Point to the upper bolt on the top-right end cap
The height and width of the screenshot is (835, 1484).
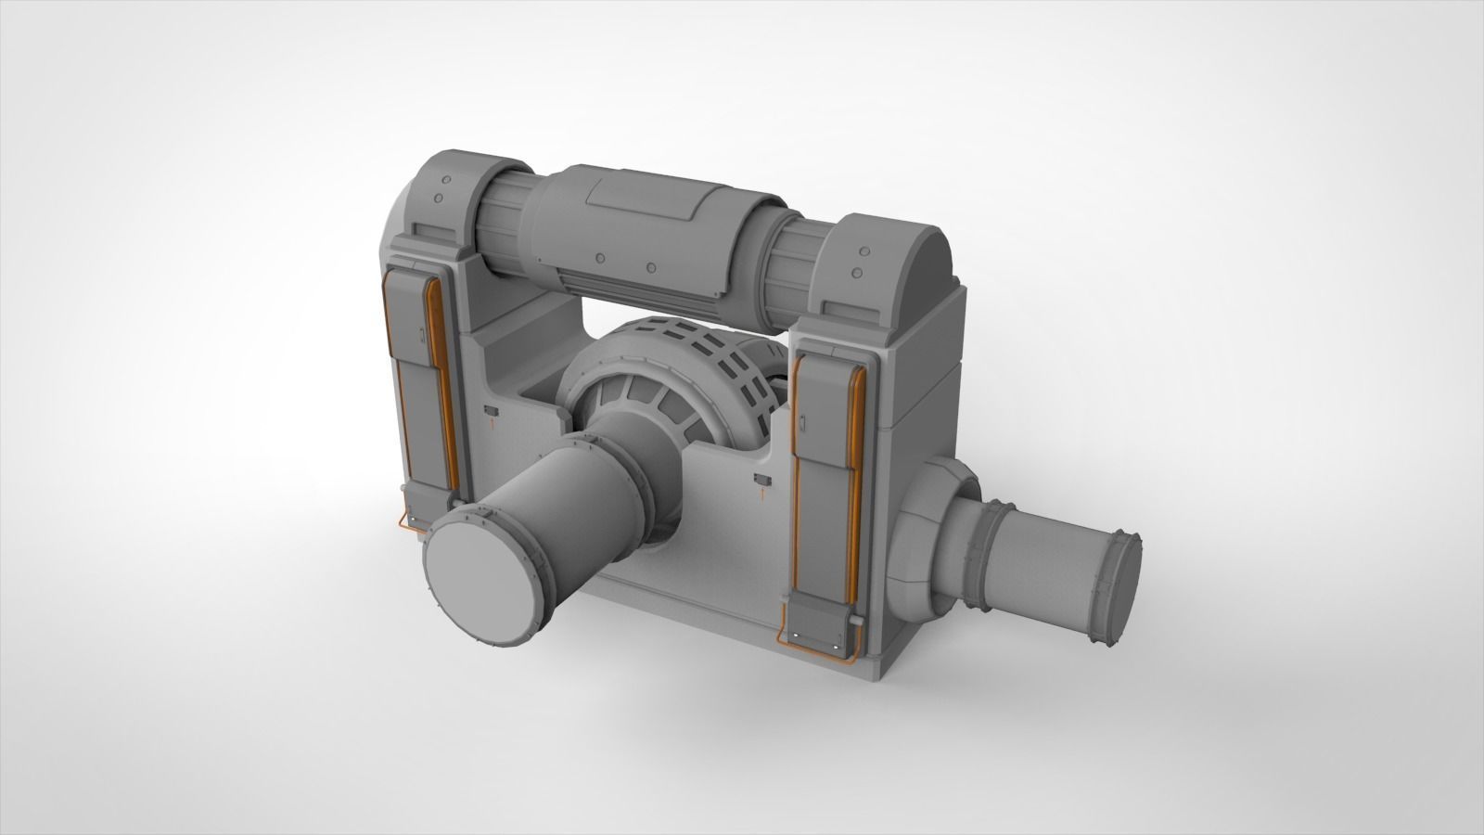pyautogui.click(x=865, y=250)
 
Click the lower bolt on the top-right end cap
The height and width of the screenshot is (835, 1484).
pyautogui.click(x=858, y=272)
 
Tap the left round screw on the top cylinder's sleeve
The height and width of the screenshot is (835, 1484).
pyautogui.click(x=600, y=257)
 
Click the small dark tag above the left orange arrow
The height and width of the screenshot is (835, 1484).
pyautogui.click(x=492, y=409)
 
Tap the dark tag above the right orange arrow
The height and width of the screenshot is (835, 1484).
pyautogui.click(x=762, y=479)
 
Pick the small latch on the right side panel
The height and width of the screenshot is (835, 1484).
pyautogui.click(x=804, y=425)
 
